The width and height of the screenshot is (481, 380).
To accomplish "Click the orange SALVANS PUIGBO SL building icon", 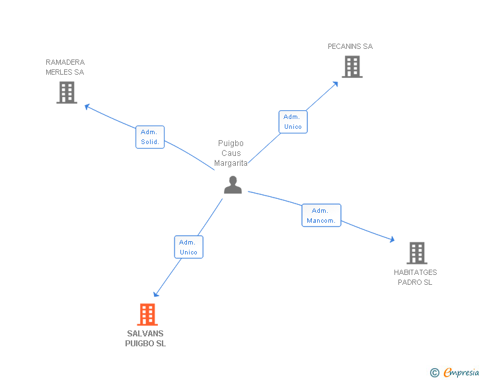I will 147,315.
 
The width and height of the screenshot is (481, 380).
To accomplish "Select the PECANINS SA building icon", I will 351,67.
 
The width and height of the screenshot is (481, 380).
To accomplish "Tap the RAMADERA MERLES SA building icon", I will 67,93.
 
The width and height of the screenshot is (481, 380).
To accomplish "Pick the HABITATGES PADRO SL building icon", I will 416,252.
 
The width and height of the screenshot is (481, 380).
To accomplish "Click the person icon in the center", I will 233,185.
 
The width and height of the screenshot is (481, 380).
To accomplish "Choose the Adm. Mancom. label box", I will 321,215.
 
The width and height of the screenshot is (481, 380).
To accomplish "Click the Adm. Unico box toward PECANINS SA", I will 293,122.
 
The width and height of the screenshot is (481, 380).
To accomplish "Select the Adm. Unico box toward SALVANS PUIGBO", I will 188,247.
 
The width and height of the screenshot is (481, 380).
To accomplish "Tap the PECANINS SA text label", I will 350,46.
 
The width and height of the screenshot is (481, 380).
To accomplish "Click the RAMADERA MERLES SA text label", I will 65,67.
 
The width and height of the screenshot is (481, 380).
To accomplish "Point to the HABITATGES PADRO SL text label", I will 415,277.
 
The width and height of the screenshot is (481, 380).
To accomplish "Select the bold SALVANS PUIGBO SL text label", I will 145,338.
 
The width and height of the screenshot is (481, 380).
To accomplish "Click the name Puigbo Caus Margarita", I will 231,153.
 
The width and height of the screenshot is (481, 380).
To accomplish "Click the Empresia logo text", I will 462,373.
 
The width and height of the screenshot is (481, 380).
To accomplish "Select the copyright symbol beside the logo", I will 435,373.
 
